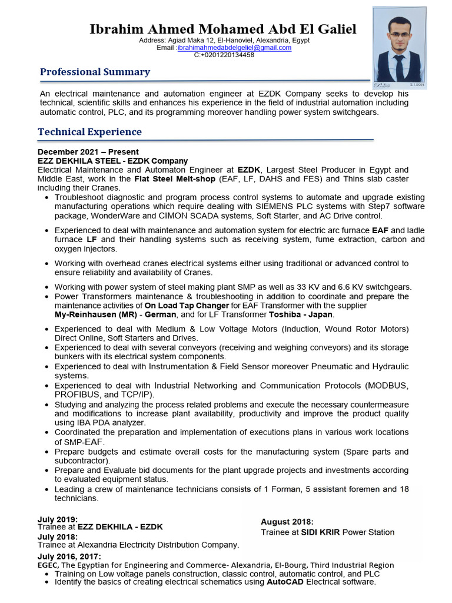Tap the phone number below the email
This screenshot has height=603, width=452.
click(224, 55)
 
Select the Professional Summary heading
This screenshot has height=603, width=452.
click(95, 72)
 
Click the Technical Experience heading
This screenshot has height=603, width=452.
click(89, 132)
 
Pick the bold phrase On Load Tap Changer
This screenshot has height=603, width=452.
click(187, 306)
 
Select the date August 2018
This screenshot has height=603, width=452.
click(287, 522)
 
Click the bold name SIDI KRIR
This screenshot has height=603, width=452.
click(321, 532)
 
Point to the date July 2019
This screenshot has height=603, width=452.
click(58, 519)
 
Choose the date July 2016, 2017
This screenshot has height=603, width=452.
click(69, 556)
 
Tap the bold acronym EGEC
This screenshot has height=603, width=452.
click(48, 565)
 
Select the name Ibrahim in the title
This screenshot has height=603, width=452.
click(115, 29)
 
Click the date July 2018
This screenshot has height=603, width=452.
click(58, 536)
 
